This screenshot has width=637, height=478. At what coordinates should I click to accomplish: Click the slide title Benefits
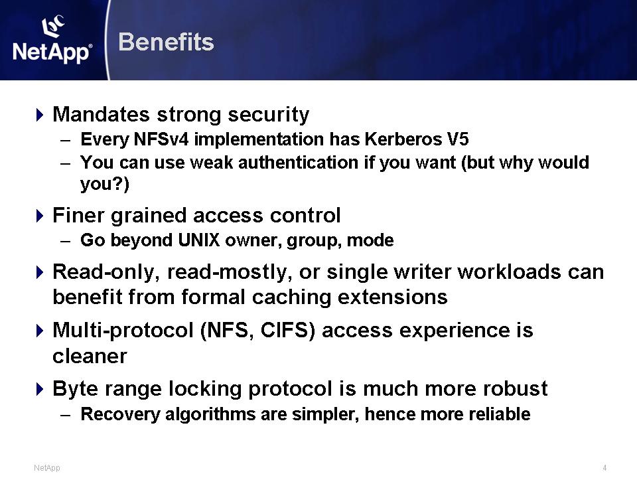(x=166, y=42)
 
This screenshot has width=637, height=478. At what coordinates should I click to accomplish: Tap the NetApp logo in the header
(x=52, y=39)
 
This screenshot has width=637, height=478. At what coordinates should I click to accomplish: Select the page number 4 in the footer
(x=604, y=468)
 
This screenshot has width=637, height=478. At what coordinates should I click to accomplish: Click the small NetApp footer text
(x=46, y=468)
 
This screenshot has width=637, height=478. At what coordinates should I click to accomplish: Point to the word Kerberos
(x=403, y=139)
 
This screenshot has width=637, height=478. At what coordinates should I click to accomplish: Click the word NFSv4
(x=161, y=139)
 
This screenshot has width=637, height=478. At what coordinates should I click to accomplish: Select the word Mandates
(x=101, y=114)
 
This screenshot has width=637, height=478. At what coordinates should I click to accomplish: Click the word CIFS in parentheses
(x=288, y=330)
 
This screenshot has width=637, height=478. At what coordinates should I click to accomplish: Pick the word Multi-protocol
(x=123, y=331)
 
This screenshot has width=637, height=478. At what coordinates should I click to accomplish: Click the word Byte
(x=76, y=389)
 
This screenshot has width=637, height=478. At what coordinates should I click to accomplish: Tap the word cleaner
(x=90, y=356)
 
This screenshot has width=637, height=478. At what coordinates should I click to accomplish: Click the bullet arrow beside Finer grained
(x=39, y=215)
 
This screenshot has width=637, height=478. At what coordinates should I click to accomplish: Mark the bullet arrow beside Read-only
(x=39, y=272)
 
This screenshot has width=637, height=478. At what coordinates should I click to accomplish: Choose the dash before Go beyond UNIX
(x=66, y=240)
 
